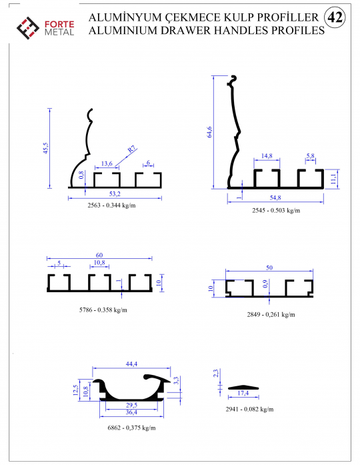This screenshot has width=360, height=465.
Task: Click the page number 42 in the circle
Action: coord(335,17)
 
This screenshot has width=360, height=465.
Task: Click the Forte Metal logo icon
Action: coord(27,28)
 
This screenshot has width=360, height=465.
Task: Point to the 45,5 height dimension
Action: coord(45,148)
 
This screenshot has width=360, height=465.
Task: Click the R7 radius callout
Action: coord(131,149)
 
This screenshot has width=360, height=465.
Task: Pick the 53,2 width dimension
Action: coord(115,193)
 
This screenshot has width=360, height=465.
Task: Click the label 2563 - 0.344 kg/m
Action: coord(111,205)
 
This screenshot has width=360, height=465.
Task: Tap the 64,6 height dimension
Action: coord(209,132)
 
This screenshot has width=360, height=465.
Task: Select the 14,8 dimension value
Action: coord(267,155)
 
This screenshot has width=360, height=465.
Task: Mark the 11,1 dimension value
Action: coord(333,179)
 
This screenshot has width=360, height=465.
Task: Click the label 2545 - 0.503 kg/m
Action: coord(276,210)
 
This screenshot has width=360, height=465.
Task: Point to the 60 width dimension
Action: coord(99,255)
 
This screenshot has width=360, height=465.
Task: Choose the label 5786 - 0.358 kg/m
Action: coord(103,310)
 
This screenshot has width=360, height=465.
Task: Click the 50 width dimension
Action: coord(269,268)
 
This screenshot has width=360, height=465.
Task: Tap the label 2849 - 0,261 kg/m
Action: coord(271,314)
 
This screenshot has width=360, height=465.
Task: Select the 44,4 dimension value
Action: coord(131,364)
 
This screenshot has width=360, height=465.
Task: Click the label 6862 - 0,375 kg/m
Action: coord(131,428)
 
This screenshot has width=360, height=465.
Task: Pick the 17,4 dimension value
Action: coord(243,393)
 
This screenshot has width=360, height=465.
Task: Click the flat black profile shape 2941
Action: coord(243,388)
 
